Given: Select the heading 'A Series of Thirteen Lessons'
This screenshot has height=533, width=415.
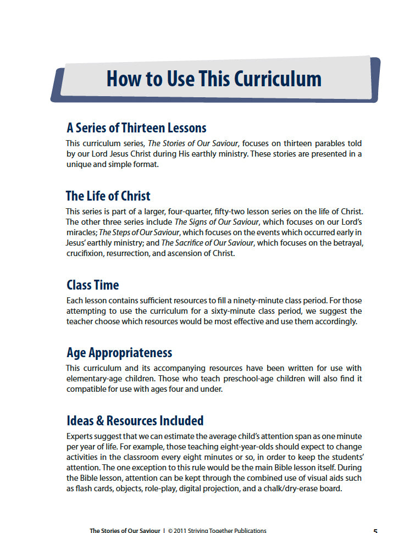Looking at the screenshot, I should [x=136, y=128].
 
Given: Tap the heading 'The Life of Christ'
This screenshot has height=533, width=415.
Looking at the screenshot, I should [x=108, y=196].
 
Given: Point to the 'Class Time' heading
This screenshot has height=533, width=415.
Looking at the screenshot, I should [x=92, y=285].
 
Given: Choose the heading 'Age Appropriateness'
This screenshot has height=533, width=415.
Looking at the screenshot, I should [x=119, y=353].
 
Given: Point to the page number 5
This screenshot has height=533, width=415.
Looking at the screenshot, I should [x=375, y=531].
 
